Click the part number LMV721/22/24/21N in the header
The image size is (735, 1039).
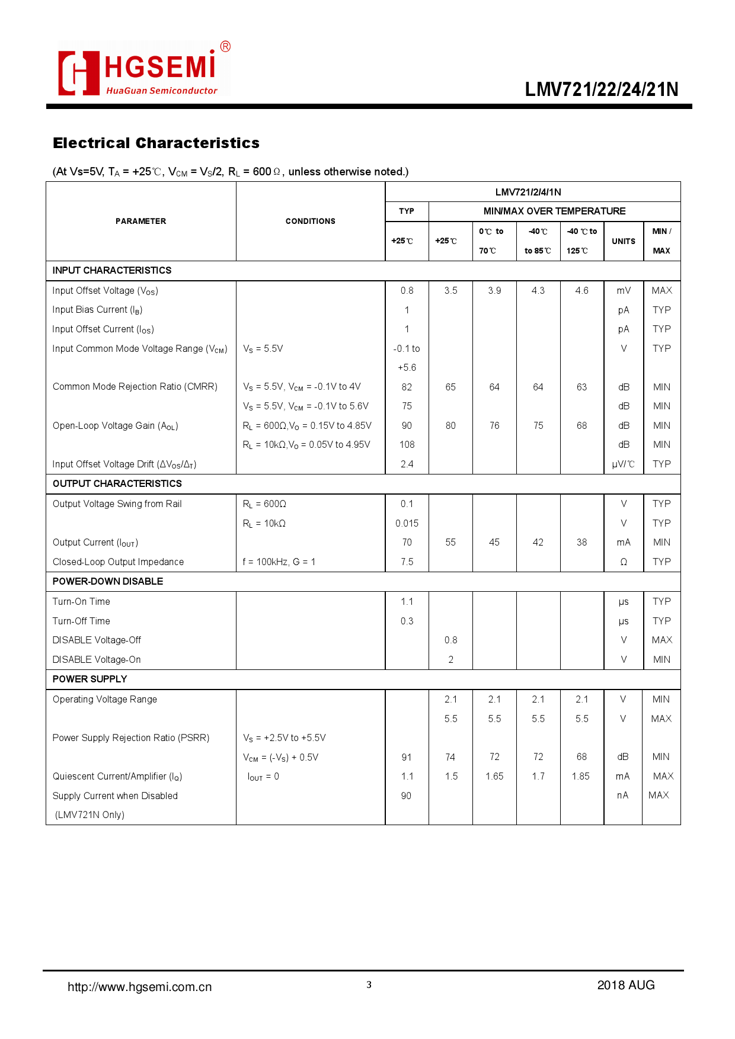pyautogui.click(x=601, y=89)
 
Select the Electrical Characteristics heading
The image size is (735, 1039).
pyautogui.click(x=156, y=143)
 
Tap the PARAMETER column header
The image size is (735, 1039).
pyautogui.click(x=140, y=221)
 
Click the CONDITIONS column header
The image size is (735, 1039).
pyautogui.click(x=310, y=221)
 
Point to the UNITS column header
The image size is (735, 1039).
pyautogui.click(x=624, y=241)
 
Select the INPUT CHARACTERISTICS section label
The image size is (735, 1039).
pyautogui.click(x=112, y=270)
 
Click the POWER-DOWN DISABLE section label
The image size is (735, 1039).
pyautogui.click(x=108, y=581)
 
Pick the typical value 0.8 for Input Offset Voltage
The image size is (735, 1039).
pyautogui.click(x=407, y=290)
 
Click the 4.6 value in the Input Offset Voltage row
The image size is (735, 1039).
pyautogui.click(x=581, y=290)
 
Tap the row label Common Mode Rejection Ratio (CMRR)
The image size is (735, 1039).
pyautogui.click(x=135, y=386)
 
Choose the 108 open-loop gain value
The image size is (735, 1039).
pyautogui.click(x=407, y=444)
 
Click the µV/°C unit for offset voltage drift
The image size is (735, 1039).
pyautogui.click(x=623, y=464)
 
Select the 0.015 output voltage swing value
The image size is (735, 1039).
pyautogui.click(x=407, y=523)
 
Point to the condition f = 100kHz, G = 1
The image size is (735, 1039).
pyautogui.click(x=279, y=562)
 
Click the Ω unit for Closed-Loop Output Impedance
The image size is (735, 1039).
pyautogui.click(x=624, y=562)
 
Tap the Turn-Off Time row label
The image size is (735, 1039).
pyautogui.click(x=81, y=621)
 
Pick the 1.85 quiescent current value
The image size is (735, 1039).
pyautogui.click(x=581, y=776)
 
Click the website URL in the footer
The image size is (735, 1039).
pyautogui.click(x=139, y=987)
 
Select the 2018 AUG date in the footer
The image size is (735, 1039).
pyautogui.click(x=625, y=985)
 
